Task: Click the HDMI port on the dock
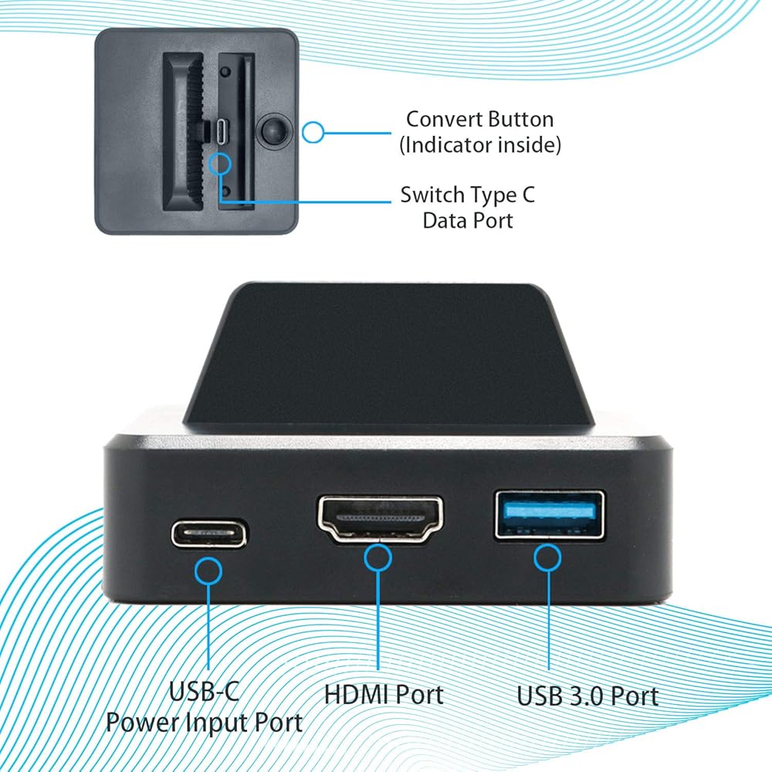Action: pos(381,519)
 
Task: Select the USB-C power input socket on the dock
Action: pos(210,533)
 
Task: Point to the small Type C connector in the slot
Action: pos(222,131)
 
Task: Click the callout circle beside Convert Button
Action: pos(313,132)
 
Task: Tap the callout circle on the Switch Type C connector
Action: pos(222,162)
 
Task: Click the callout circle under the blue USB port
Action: pos(548,557)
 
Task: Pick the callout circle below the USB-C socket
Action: pos(208,572)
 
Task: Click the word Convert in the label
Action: pos(444,120)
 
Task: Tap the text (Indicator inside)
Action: pos(480,144)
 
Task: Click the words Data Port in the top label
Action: pos(467,220)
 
